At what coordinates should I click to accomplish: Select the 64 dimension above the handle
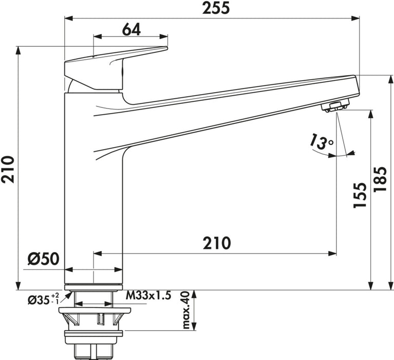pos(132,30)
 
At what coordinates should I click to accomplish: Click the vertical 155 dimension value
pos(361,195)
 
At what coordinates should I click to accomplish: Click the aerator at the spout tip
pos(335,106)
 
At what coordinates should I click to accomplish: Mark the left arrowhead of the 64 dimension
pos(97,37)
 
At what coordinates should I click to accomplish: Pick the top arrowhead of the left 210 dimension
pos(18,50)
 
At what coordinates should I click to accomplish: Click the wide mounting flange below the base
pos(93,311)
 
